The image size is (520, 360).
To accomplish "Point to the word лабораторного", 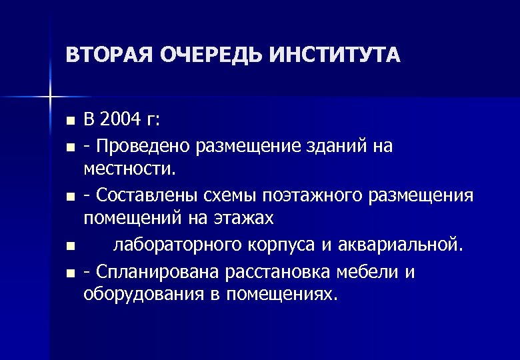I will (175, 245).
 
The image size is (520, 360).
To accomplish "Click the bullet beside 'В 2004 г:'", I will (70, 123).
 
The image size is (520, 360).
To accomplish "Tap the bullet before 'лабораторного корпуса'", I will (70, 247).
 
